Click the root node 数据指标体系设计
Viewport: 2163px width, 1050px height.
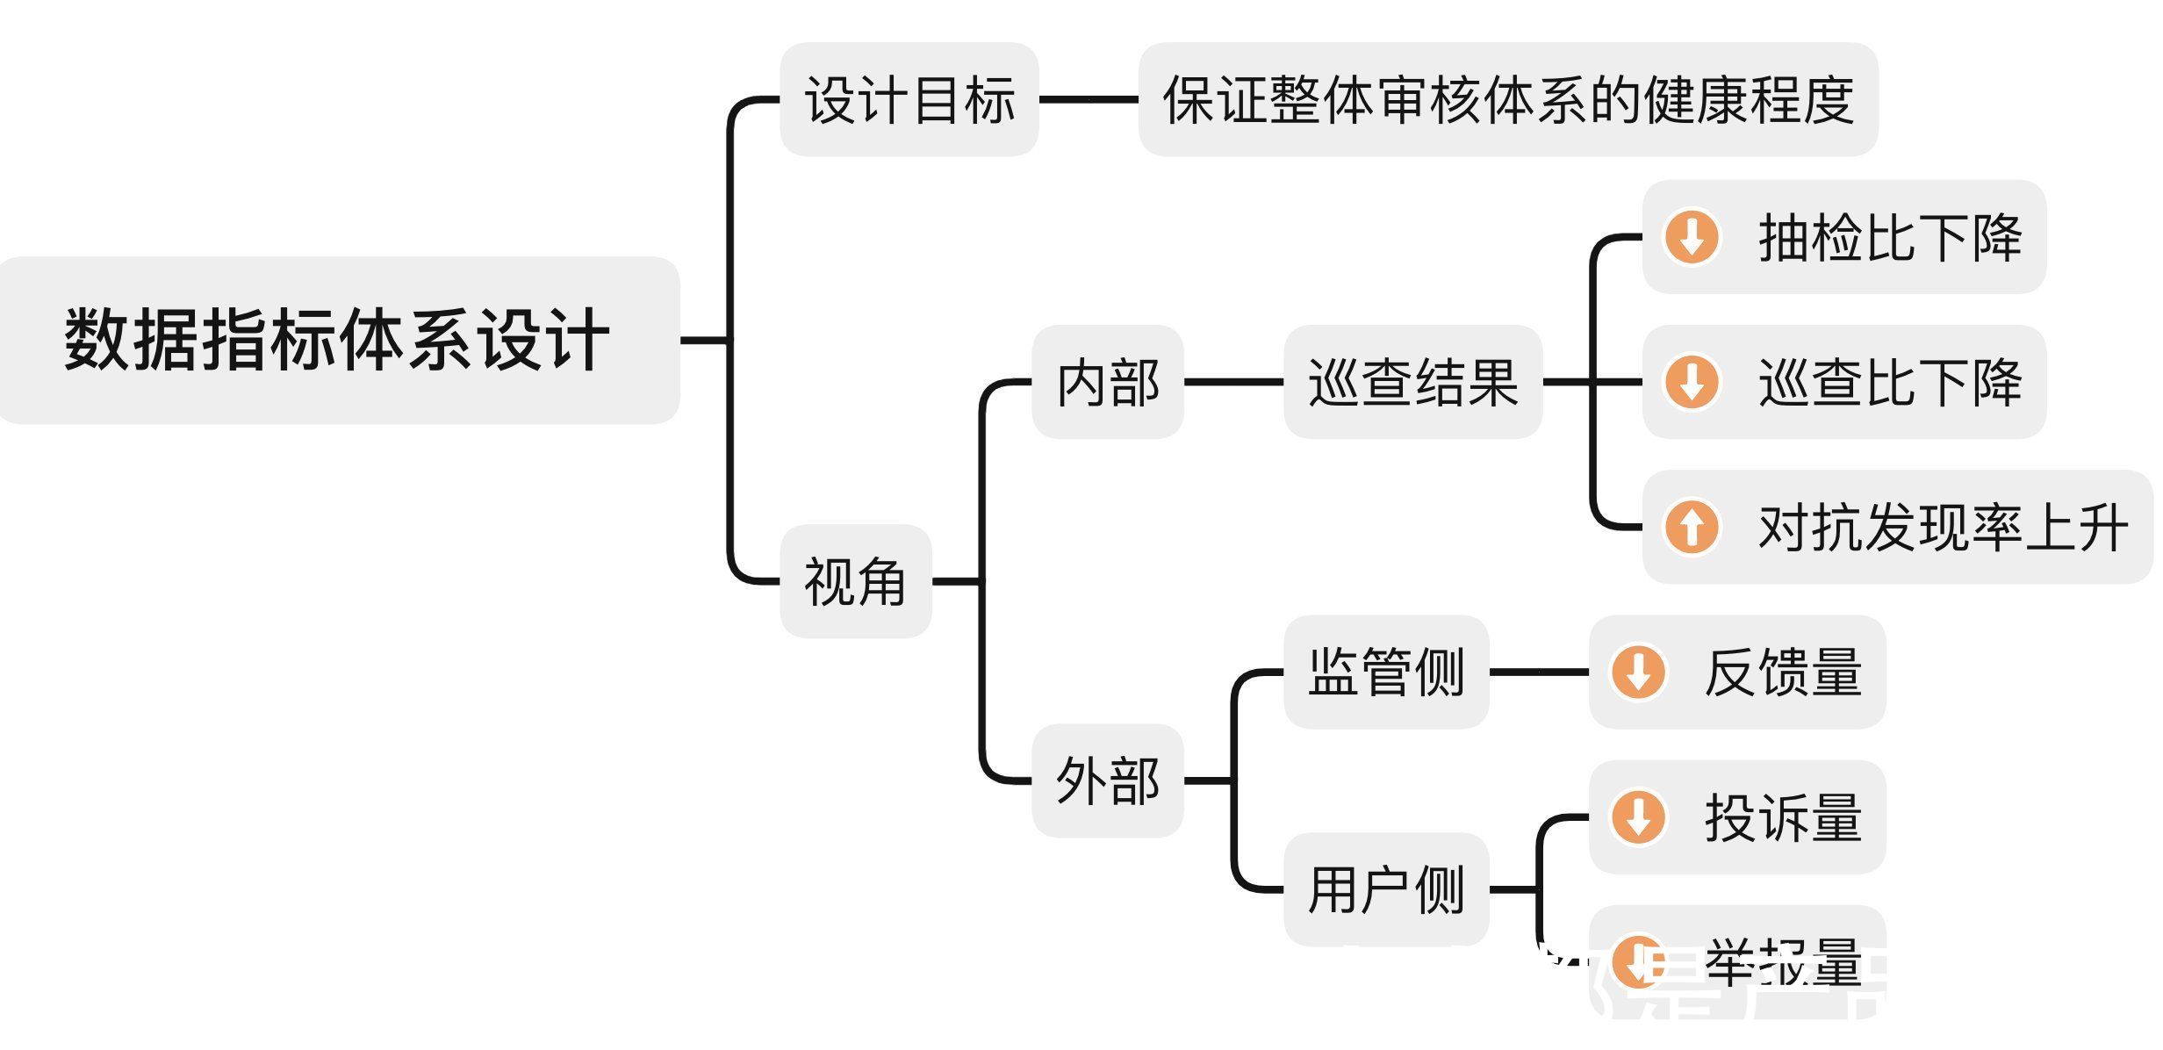tap(338, 341)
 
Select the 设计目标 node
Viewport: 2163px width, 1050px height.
tap(909, 99)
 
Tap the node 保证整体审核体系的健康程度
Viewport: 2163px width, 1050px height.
tap(1507, 99)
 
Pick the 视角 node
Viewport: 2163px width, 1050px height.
tap(855, 581)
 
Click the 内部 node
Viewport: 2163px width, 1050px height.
tap(1107, 382)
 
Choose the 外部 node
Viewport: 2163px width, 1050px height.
tap(1107, 780)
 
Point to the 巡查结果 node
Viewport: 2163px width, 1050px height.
tap(1412, 382)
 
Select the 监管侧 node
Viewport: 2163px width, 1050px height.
tap(1385, 672)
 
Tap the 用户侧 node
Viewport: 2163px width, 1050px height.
tap(1385, 889)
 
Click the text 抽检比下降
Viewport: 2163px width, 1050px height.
tap(1890, 237)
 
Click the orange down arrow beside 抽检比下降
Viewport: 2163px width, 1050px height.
tap(1692, 236)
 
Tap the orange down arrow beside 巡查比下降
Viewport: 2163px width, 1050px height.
tap(1692, 382)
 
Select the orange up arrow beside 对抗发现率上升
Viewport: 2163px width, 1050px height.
tap(1692, 527)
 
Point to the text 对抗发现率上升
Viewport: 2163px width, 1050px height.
tap(1943, 528)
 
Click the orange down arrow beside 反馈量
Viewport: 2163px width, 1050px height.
tap(1638, 672)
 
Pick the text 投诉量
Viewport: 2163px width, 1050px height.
tap(1783, 817)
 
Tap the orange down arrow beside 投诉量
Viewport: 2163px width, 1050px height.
tap(1638, 817)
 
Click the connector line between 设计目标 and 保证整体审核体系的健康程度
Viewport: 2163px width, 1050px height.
tap(1089, 99)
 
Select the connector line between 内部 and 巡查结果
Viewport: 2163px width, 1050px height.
tap(1233, 382)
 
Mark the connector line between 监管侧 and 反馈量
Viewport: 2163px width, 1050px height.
tap(1539, 672)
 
